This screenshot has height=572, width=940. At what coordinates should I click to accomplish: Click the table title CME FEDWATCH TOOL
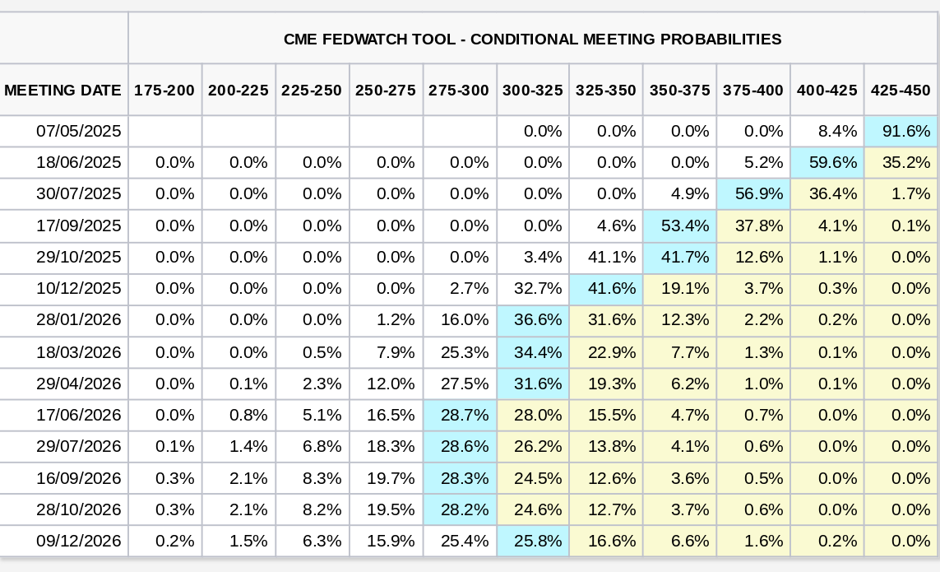532,39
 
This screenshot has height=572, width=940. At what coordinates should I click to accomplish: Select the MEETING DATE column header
63,90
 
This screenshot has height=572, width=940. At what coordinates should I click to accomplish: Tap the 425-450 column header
901,90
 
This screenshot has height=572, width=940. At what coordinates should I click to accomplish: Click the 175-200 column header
164,90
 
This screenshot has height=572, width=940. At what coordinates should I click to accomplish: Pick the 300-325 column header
532,90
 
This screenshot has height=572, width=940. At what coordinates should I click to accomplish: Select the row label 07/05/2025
79,131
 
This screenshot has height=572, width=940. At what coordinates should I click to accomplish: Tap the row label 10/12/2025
79,289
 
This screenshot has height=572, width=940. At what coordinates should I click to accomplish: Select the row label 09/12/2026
79,542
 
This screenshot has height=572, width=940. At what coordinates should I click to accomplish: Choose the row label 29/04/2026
79,384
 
